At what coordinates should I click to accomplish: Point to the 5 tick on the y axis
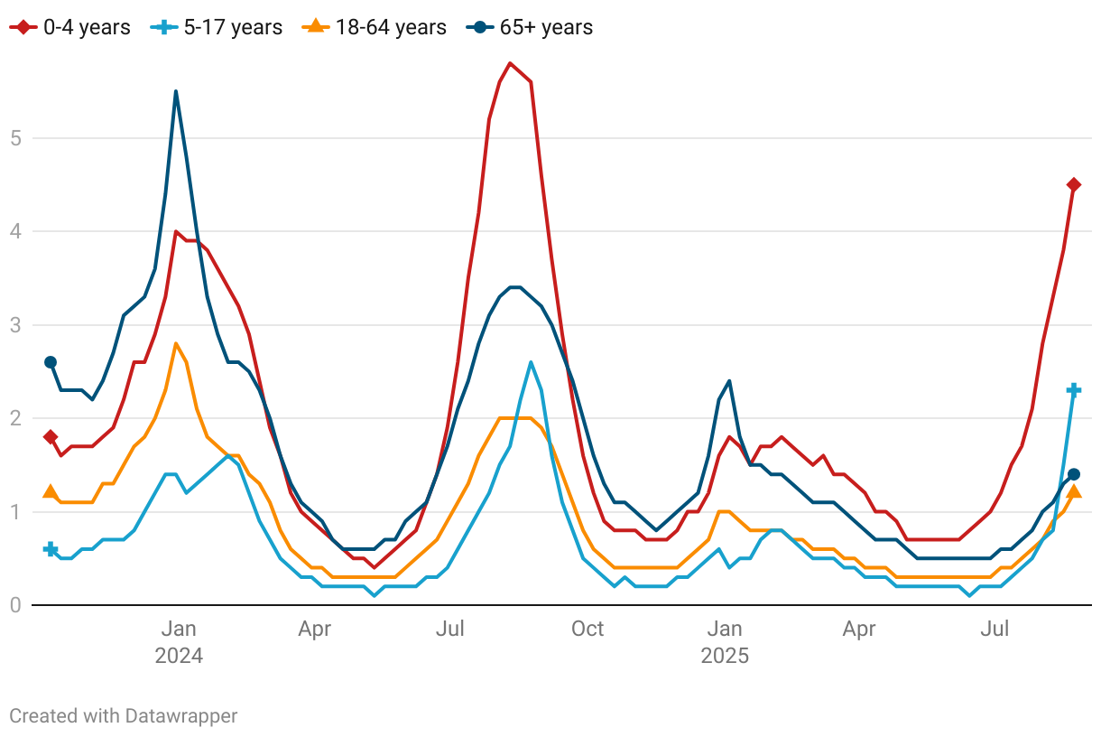(14, 138)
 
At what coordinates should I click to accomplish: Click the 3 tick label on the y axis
(14, 325)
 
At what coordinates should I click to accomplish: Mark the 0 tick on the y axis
(14, 605)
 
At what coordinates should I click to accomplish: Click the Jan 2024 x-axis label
(179, 641)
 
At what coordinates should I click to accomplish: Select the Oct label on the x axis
(588, 629)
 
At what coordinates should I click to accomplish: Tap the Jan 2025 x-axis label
(725, 641)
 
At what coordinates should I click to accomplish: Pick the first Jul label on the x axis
(450, 629)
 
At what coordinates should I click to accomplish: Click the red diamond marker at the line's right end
(1074, 184)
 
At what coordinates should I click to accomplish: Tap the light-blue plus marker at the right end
(1074, 390)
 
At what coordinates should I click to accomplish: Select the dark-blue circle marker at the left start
(51, 362)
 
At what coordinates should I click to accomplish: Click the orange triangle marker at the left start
(51, 492)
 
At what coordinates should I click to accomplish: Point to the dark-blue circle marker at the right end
(1074, 474)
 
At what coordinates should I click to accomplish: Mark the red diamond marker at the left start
(51, 437)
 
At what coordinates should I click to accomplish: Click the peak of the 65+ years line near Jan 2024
(176, 91)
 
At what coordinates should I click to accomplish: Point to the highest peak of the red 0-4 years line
(510, 63)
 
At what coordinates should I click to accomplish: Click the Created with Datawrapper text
(124, 716)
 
